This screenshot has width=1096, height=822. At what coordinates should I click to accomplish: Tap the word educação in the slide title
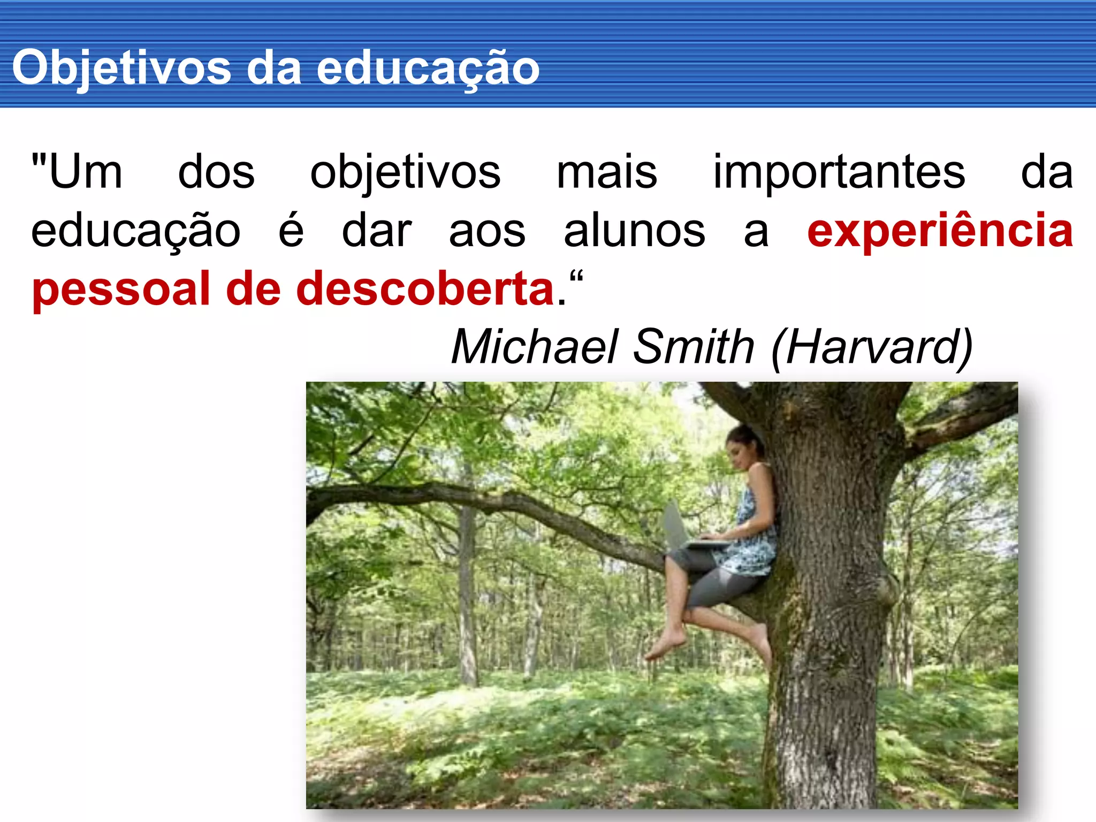428,68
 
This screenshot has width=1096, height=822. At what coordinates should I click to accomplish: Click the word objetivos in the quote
405,172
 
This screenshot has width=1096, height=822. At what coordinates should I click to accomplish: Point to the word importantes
839,172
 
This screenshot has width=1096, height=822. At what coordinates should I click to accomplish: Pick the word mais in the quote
607,172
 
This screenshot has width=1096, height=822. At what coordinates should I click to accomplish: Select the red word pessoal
121,290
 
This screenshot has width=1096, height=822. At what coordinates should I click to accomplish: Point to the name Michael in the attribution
535,347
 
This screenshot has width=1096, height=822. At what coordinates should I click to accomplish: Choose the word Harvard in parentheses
872,347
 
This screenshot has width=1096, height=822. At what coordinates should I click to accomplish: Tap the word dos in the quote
216,172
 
